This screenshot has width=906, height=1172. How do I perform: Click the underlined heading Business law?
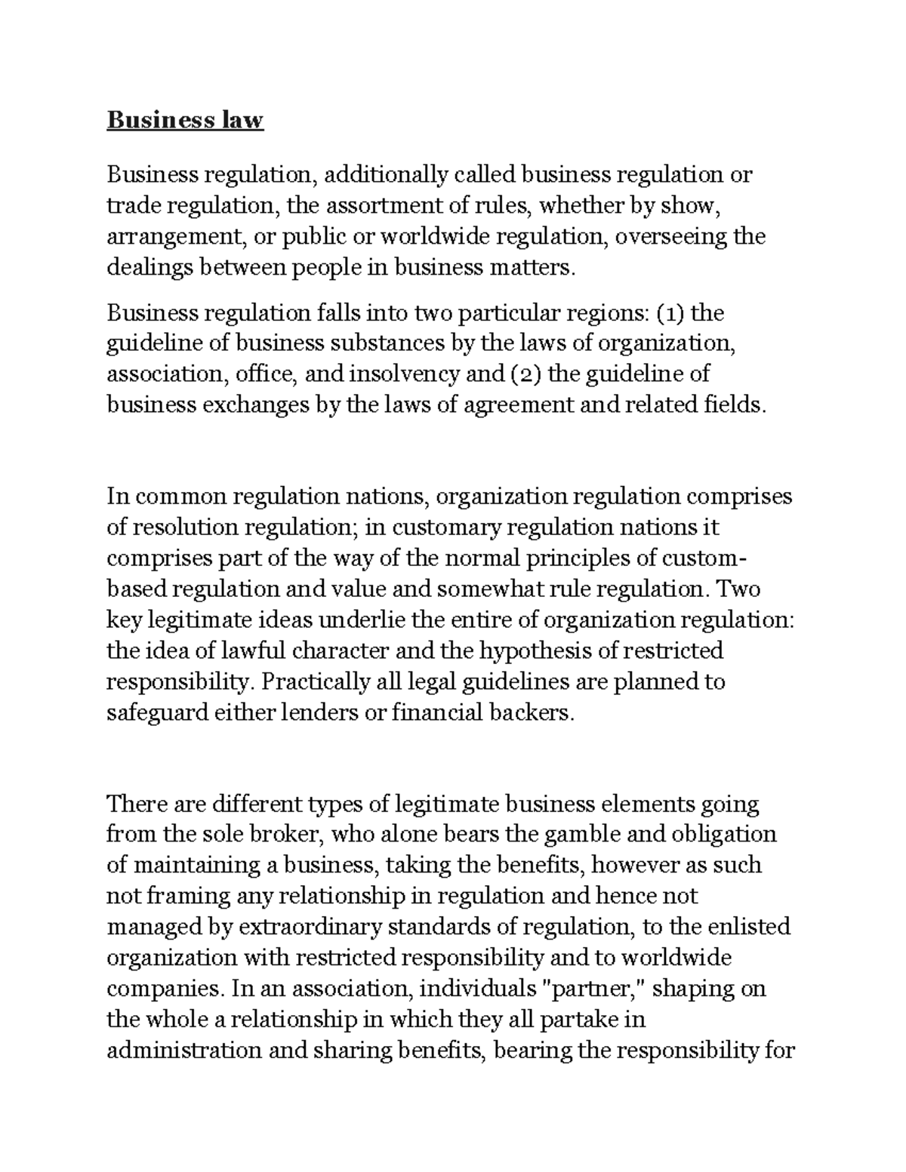(185, 120)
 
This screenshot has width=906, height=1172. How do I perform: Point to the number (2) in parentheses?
(516, 374)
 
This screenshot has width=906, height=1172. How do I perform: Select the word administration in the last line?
(184, 1050)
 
